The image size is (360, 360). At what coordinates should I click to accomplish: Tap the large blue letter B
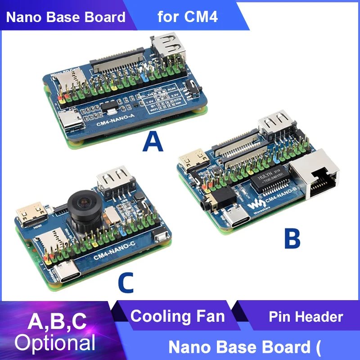292,238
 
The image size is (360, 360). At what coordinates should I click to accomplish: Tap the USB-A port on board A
168,49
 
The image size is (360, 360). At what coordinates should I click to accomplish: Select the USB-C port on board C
67,274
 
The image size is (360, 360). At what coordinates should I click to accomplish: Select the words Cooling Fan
177,316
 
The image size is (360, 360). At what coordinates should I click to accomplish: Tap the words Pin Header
306,316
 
